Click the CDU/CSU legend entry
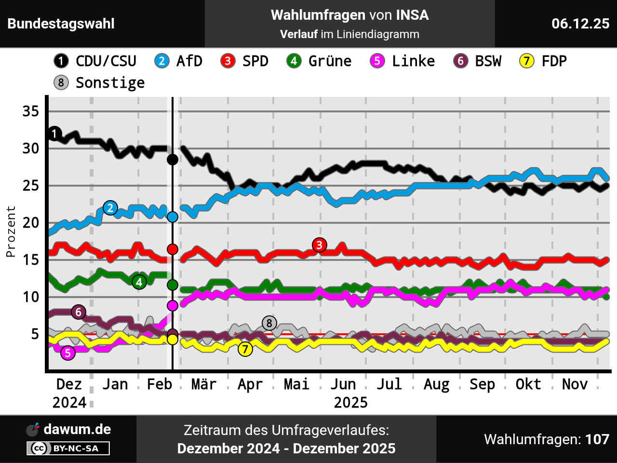click(95, 61)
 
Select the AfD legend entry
click(178, 61)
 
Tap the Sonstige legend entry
click(99, 83)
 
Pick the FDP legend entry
click(543, 61)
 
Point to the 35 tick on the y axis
click(30, 111)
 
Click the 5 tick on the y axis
click(34, 334)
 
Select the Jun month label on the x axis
click(343, 384)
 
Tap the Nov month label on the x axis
click(575, 384)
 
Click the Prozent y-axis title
click(11, 231)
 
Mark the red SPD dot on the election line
click(172, 249)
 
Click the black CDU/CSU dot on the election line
click(172, 160)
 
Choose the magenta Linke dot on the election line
click(172, 306)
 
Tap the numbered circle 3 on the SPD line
click(319, 245)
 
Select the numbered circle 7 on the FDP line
click(245, 349)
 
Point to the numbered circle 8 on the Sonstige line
click(269, 323)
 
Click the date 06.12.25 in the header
click(580, 24)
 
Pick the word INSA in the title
click(412, 15)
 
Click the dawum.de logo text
click(77, 429)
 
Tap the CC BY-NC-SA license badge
click(68, 449)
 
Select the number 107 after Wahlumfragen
click(597, 439)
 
